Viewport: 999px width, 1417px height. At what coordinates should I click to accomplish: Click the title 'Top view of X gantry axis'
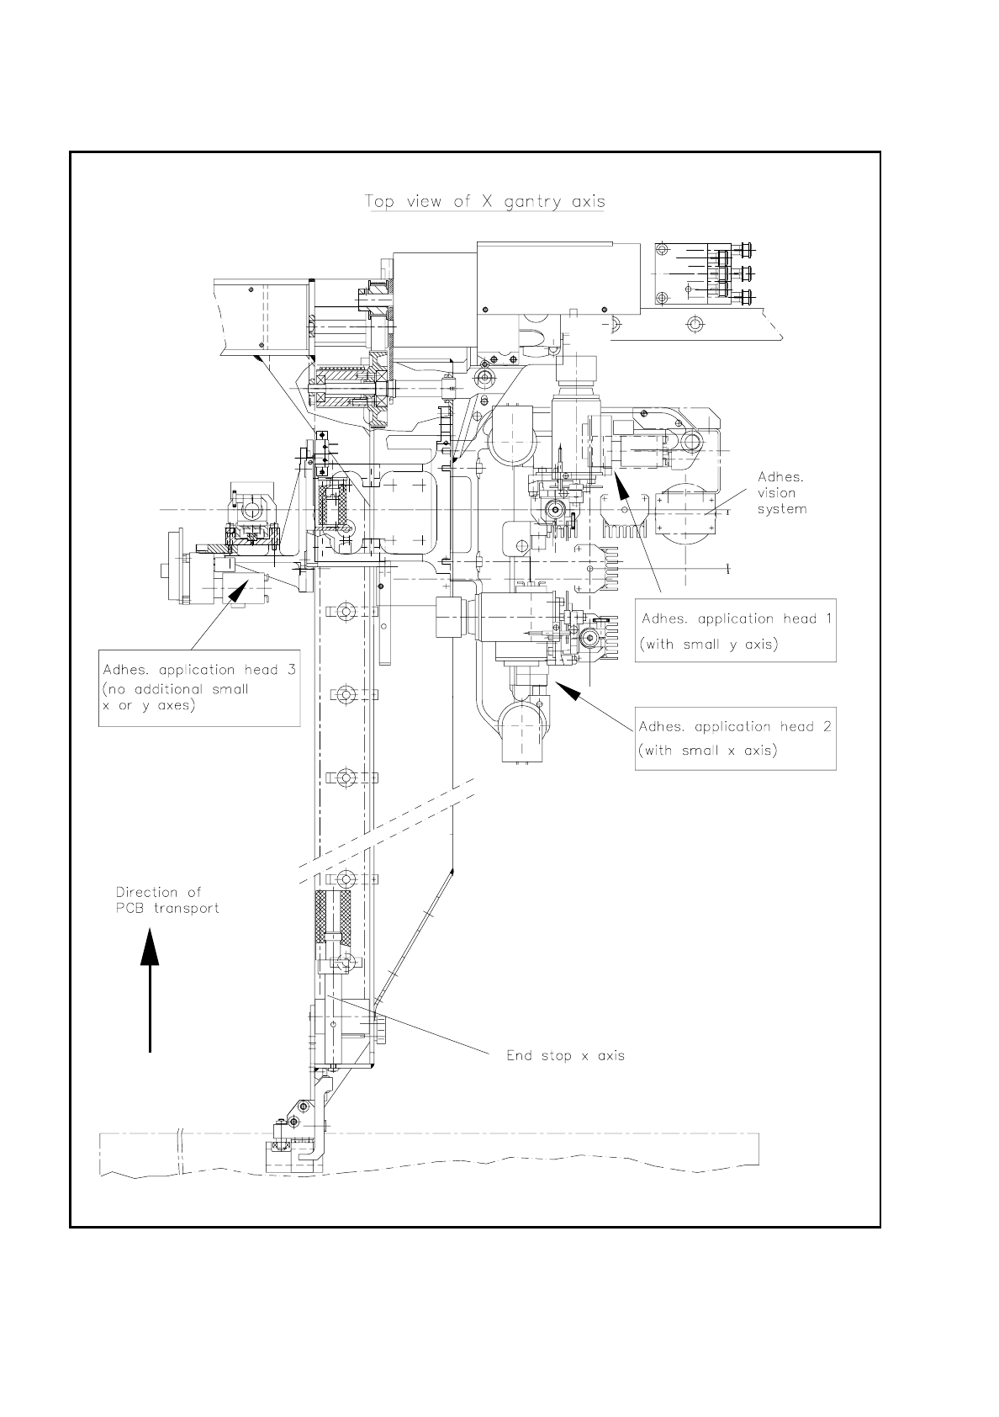(484, 202)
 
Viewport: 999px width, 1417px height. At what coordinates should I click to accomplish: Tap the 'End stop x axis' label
(565, 1055)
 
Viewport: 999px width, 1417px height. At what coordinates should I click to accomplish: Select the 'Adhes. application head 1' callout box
(735, 631)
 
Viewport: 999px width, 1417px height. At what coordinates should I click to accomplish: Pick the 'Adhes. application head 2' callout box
(735, 738)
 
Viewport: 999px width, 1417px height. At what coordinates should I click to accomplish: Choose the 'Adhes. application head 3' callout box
(199, 687)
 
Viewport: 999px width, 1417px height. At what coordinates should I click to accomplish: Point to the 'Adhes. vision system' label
(781, 493)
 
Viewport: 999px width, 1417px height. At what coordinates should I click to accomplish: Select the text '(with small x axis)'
(707, 751)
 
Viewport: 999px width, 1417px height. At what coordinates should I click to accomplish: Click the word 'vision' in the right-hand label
(776, 493)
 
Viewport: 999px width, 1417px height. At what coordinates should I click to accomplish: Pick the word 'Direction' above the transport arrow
(147, 892)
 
